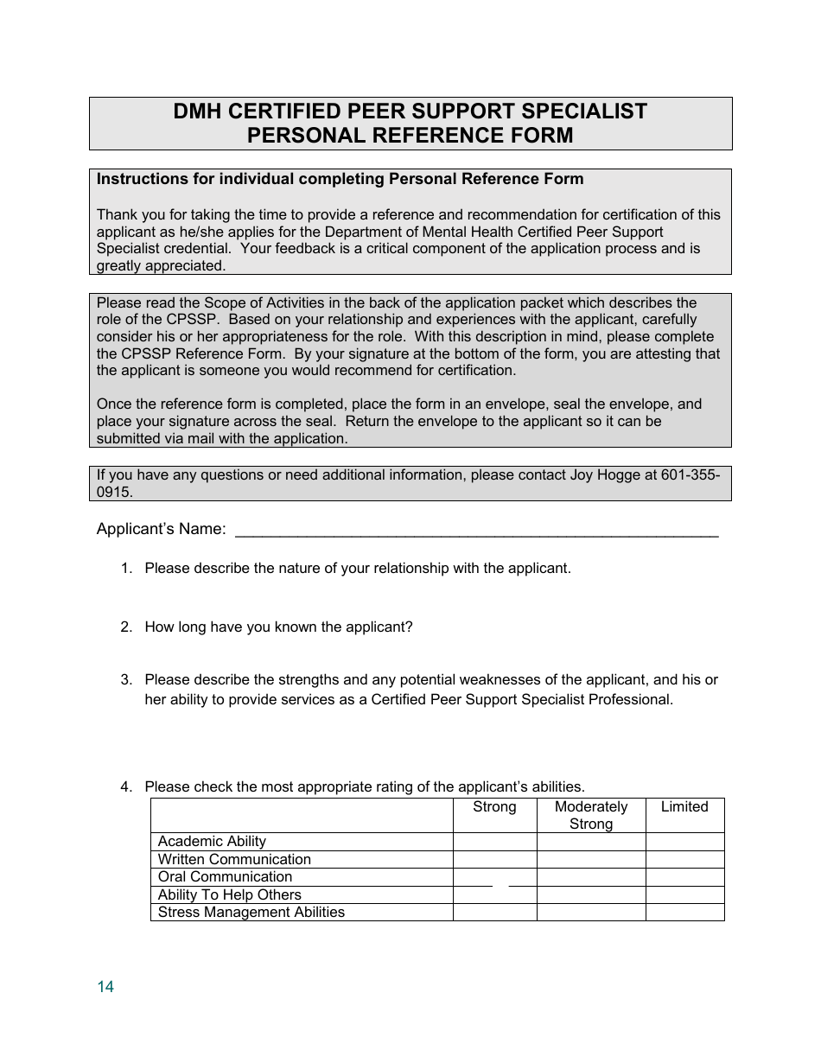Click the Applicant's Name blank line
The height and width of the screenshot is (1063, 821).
pos(476,529)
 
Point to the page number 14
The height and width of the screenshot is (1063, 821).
pos(105,987)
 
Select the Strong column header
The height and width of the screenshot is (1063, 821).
pos(494,807)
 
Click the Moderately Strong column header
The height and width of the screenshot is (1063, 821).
pos(591,815)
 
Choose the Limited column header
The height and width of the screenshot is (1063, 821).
pos(684,807)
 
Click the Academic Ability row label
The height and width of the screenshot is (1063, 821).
pos(212,842)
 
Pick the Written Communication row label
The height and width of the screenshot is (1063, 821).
pos(234,860)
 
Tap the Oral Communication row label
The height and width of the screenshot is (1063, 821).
pos(225,877)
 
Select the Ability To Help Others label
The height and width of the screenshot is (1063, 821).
pos(230,895)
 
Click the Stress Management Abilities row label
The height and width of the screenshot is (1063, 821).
pos(251,913)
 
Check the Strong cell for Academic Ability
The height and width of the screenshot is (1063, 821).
pos(494,842)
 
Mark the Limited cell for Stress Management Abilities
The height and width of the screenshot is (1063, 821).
pos(684,913)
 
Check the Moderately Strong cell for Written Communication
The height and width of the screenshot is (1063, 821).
pos(591,860)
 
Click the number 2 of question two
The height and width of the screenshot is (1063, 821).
pos(125,627)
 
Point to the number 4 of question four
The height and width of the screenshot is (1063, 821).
pos(125,786)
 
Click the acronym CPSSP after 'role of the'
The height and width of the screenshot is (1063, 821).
pos(154,320)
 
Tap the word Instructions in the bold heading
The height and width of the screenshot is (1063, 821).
pos(136,180)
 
